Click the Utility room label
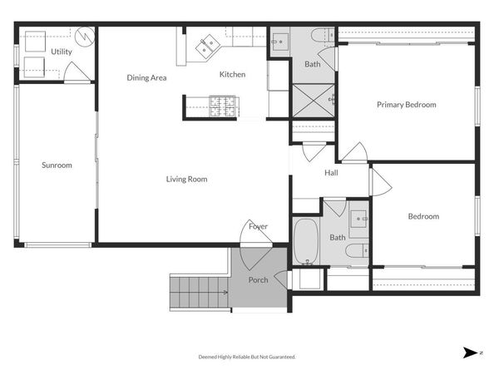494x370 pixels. point(62,52)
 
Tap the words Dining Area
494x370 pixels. point(146,78)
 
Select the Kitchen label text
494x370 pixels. point(232,75)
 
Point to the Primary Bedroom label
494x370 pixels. point(406,105)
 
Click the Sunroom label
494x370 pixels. point(57,165)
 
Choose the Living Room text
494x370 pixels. point(186,179)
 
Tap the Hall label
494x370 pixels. point(331,173)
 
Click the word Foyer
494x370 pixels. point(258,226)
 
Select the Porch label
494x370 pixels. point(259,279)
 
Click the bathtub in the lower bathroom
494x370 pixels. point(306,240)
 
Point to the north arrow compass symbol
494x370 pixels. point(472,353)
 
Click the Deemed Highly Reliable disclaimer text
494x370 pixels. point(246,357)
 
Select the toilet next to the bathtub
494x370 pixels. point(355,251)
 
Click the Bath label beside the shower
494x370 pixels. point(312,64)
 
